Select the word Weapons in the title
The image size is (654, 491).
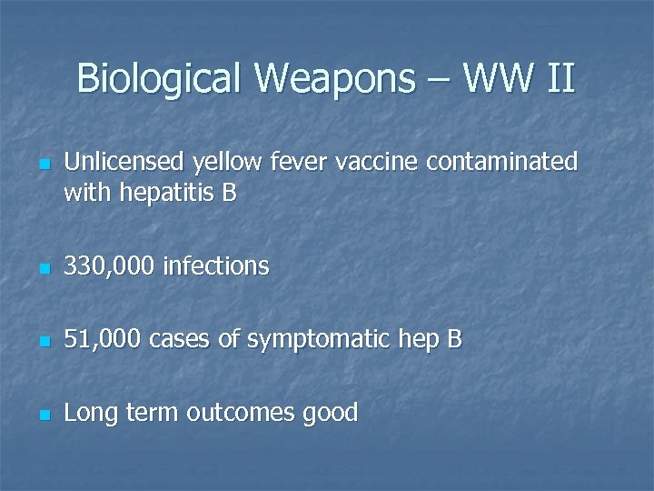(x=333, y=79)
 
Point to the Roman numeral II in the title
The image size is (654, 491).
(x=560, y=78)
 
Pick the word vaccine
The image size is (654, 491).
(x=377, y=162)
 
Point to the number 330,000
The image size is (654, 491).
(x=110, y=266)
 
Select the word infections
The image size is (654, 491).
(x=216, y=266)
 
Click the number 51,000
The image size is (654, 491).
(x=103, y=340)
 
